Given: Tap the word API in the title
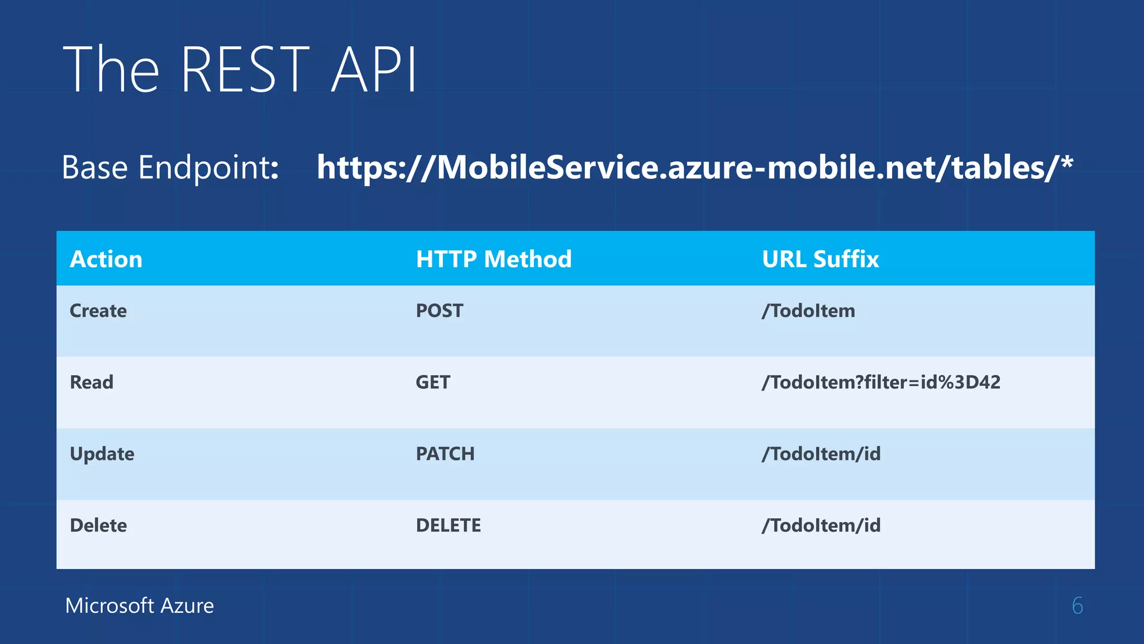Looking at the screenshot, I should pos(374,69).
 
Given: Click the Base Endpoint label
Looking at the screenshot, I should pos(170,167).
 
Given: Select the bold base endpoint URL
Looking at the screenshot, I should pos(694,167).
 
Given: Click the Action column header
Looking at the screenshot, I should pos(106,259).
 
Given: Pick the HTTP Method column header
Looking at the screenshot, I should pos(494,259).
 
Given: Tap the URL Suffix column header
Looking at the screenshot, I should pos(820,259).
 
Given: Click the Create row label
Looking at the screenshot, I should pos(98,311).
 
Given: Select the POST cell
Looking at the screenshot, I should pos(440,311).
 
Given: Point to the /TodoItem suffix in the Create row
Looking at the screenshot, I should pos(808,311).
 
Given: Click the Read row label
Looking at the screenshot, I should pos(92,382).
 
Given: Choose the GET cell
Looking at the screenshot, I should pos(433,382).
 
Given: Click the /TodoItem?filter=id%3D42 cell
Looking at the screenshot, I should pos(881,382).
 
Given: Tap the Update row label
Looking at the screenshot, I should pos(102,454).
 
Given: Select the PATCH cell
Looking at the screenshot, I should pos(445,454).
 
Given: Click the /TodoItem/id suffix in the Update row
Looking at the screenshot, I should pos(821,454).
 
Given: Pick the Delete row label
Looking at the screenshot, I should pos(98,525).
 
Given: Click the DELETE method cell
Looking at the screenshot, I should pos(449,525).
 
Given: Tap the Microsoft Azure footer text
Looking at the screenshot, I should pos(140,606).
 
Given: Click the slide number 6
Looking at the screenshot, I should pos(1078,606).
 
